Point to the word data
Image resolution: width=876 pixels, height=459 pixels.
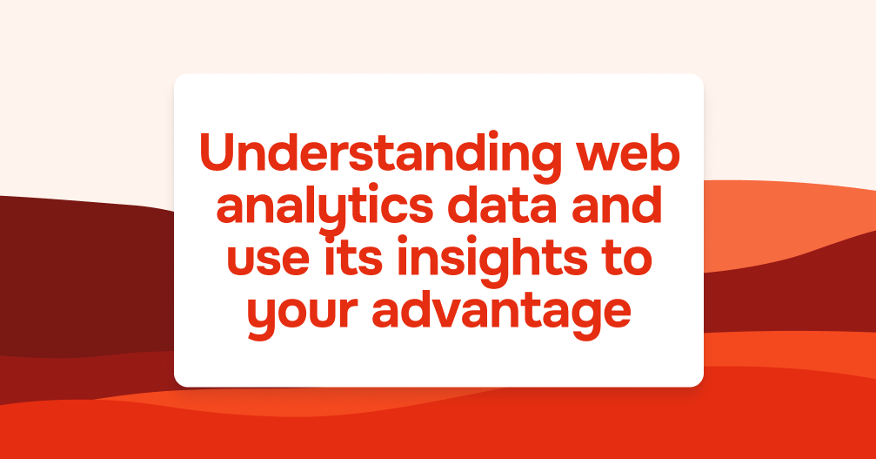click(x=502, y=205)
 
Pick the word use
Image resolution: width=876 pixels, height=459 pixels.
click(x=268, y=259)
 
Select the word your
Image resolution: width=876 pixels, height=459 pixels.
click(x=302, y=316)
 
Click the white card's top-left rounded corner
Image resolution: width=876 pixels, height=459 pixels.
click(x=178, y=78)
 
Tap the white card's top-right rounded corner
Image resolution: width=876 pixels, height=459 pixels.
click(x=699, y=78)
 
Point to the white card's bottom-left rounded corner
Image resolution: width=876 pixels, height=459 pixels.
click(x=178, y=382)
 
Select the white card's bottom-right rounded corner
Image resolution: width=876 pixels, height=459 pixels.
click(x=699, y=382)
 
